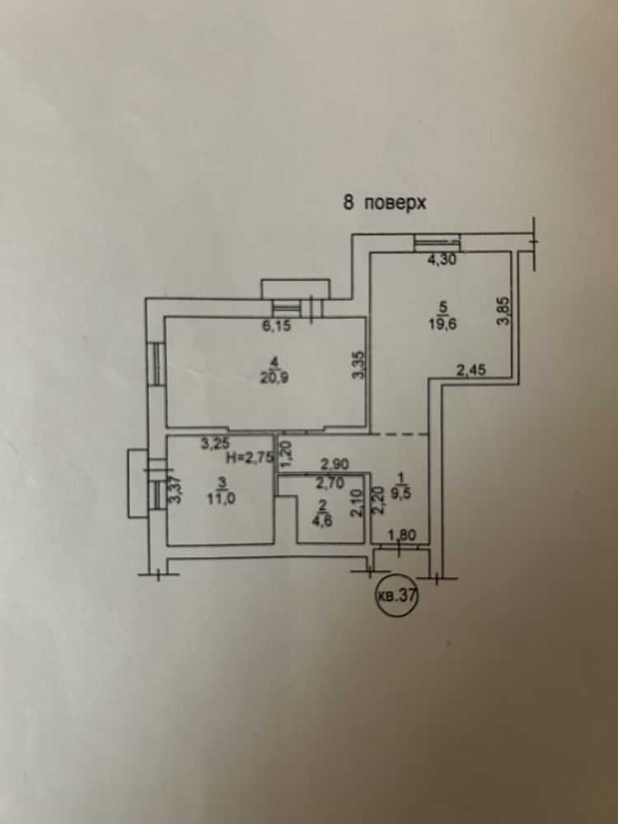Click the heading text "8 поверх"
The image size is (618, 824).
tap(384, 203)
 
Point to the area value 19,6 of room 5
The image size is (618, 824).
tap(445, 323)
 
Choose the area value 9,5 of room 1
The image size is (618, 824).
tap(401, 485)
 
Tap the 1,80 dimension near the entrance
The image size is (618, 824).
tap(400, 534)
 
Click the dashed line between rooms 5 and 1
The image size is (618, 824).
tap(400, 433)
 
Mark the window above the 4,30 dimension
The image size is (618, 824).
tap(437, 242)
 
